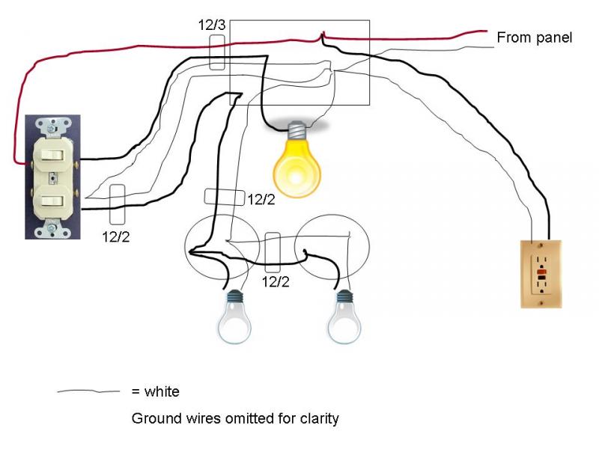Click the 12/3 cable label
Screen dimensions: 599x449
pos(212,25)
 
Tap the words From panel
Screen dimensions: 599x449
pos(535,37)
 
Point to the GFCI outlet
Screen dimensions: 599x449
pos(541,274)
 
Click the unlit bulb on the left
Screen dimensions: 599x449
pos(234,317)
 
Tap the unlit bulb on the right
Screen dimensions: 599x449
pos(344,317)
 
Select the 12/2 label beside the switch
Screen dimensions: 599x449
pos(116,236)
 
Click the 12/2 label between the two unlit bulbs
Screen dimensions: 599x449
pos(276,282)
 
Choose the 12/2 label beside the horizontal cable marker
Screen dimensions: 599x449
pos(261,199)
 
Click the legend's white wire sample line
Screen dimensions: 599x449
pos(88,391)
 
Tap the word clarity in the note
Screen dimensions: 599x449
pos(320,419)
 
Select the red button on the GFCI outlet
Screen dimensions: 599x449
pos(541,272)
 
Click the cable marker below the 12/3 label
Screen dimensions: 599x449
pos(217,52)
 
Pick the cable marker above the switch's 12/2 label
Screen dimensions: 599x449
pos(118,204)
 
